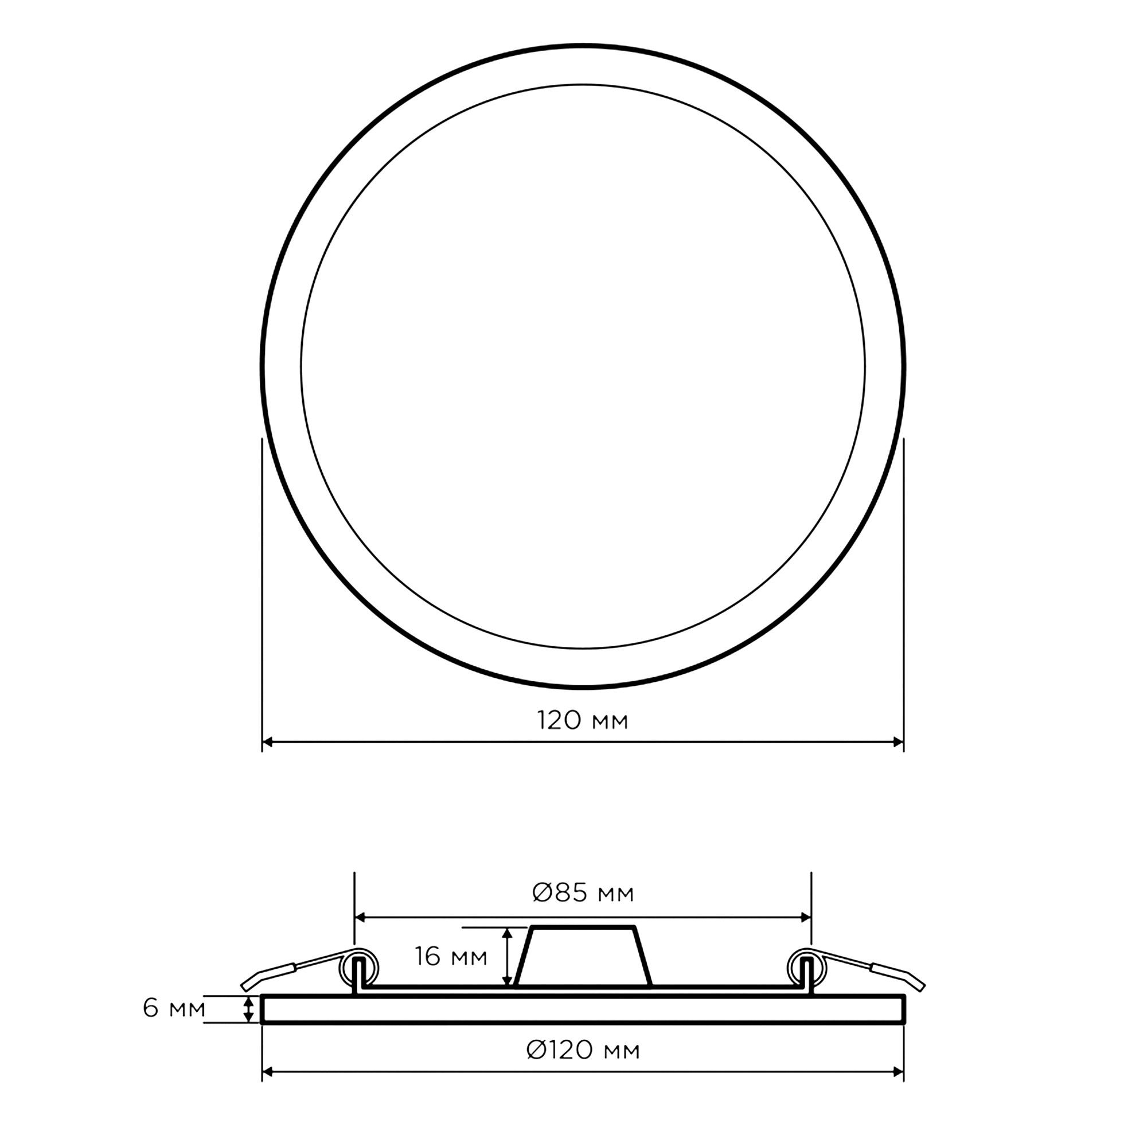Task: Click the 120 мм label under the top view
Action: coord(583,721)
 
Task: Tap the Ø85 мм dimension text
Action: coord(583,892)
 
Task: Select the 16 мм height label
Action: coord(451,957)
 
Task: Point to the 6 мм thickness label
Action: coord(174,1008)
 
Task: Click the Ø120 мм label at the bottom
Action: coord(583,1050)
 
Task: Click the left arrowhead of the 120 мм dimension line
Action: coord(267,742)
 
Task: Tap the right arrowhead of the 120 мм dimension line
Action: coord(898,742)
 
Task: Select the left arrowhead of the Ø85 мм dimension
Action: coord(360,917)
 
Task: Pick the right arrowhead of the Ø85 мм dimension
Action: coord(806,917)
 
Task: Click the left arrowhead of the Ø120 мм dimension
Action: coord(267,1072)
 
